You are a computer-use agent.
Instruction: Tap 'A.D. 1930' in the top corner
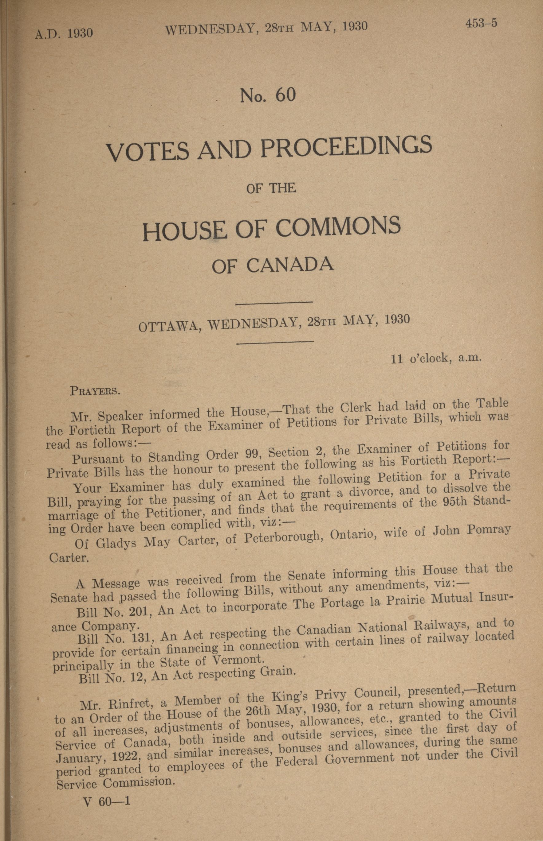point(64,33)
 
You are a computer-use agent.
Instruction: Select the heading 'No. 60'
point(268,95)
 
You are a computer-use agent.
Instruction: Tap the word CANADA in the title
point(290,265)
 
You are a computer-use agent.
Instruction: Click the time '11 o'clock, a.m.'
point(436,358)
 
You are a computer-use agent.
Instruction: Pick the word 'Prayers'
point(95,391)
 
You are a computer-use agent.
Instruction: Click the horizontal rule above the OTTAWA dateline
point(274,302)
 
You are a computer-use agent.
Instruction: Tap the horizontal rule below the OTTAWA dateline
point(275,341)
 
